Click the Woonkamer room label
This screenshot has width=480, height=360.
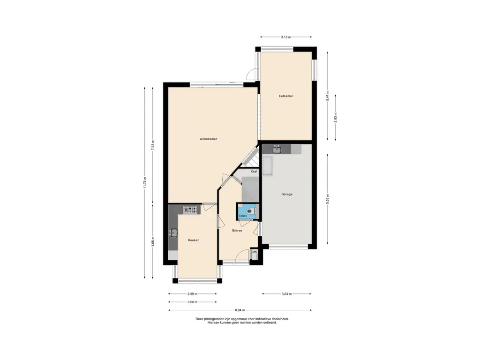[x=208, y=139]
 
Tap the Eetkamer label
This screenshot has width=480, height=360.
[x=286, y=96]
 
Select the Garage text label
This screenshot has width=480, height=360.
[x=287, y=194]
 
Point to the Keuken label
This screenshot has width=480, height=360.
[x=194, y=240]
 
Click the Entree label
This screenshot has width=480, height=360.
[x=237, y=231]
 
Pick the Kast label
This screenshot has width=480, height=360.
[x=254, y=172]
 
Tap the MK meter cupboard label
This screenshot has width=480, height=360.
[x=255, y=252]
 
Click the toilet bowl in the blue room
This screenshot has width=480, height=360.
[x=251, y=211]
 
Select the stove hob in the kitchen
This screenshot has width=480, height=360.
[x=190, y=210]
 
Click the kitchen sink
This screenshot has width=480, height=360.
[x=173, y=232]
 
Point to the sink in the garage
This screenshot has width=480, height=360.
[x=277, y=149]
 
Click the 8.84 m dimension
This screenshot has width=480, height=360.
[x=240, y=310]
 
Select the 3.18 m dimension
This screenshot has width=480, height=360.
[x=286, y=37]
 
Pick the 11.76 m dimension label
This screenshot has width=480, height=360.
[x=145, y=183]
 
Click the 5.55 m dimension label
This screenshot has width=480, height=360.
[x=328, y=199]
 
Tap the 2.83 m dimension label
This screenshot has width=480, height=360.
[x=336, y=118]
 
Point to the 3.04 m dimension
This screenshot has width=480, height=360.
[x=286, y=294]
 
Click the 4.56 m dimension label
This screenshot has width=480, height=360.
[x=153, y=241]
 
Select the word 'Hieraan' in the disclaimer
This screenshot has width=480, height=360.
[x=213, y=322]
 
